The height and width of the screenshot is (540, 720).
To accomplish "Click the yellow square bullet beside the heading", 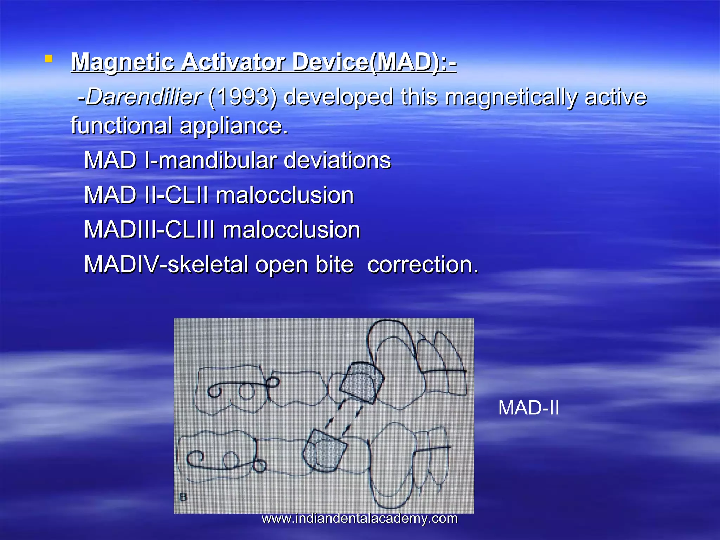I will coord(49,59).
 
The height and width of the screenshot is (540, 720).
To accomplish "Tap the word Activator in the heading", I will coord(233,62).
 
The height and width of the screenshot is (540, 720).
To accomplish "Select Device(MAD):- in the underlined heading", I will coord(374,62).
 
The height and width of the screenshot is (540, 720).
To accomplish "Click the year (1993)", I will coord(243,97).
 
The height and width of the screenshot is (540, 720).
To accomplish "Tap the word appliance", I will coord(234,126).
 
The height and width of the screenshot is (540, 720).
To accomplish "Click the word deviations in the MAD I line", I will coord(337,161).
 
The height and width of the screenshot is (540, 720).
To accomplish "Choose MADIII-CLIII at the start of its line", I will coord(149,230).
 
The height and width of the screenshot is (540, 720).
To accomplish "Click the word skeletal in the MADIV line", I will coord(208,264).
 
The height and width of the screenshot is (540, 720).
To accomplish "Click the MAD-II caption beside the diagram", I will coord(528,408).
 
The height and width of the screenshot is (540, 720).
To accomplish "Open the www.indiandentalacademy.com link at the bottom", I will coord(360,519).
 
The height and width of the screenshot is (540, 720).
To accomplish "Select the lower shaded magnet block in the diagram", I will coord(324,451).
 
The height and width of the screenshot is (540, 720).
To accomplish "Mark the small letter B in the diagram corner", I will coord(183,497).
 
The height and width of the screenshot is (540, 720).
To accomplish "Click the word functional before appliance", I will coord(122,126).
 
